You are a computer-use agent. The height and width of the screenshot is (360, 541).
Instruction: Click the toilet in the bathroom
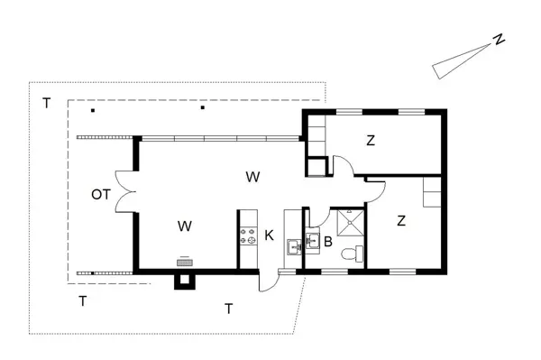352,254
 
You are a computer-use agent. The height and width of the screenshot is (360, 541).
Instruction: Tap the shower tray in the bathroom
350,223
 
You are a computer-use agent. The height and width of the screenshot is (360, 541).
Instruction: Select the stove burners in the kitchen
249,235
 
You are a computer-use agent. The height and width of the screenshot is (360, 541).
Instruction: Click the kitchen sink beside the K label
294,247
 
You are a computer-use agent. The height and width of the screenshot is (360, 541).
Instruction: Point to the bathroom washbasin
313,240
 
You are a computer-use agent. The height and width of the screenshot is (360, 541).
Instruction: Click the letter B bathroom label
328,242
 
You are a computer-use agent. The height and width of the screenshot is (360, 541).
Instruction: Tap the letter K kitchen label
269,235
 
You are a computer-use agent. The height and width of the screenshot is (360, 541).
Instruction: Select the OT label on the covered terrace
101,194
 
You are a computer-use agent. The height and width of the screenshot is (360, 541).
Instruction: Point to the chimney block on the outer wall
185,281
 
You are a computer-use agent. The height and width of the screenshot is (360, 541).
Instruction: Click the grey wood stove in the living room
185,263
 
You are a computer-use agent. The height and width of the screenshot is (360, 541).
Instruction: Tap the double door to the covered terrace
125,191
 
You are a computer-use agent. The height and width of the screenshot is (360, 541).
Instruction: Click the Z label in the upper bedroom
371,141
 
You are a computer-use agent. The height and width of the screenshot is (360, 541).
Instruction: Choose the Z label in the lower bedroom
401,220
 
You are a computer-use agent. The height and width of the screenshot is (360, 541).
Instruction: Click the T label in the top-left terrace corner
46,103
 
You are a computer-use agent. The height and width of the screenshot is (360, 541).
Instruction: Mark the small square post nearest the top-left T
93,110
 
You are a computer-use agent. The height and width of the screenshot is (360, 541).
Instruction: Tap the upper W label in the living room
252,177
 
